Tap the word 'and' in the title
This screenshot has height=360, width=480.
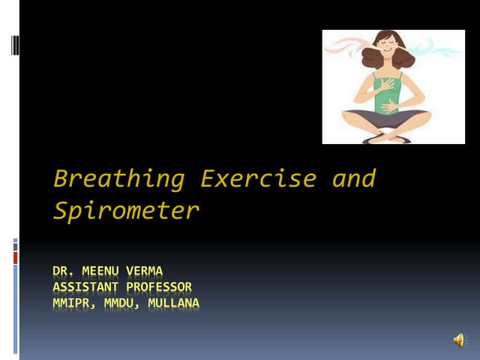coord(354,179)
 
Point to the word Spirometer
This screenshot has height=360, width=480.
coord(126,211)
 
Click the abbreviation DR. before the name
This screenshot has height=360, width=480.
coord(66,271)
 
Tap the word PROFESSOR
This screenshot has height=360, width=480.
coord(159,286)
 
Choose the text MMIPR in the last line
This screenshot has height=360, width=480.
coord(73,303)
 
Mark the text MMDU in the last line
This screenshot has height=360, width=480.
coord(121,303)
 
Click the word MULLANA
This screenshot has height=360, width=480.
coord(173,303)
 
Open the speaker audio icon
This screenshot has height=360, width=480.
coord(458,340)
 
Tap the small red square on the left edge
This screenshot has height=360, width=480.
coord(16,257)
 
